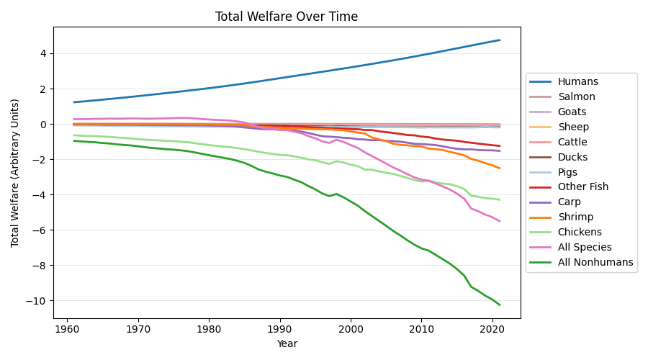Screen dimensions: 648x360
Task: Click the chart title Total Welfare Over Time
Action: click(x=287, y=17)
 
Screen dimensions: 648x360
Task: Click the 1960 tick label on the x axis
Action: click(x=67, y=330)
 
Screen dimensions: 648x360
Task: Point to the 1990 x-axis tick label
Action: click(x=280, y=330)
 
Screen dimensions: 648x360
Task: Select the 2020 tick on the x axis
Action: click(x=492, y=330)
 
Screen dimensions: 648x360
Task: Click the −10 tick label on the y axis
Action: click(x=37, y=301)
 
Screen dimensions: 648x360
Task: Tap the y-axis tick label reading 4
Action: click(x=44, y=54)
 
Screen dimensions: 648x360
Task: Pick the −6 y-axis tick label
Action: click(x=40, y=230)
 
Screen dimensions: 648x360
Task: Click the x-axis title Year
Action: click(x=287, y=343)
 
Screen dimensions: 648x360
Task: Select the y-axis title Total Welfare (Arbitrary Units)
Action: click(x=15, y=174)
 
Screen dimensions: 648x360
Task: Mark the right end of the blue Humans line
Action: click(x=500, y=40)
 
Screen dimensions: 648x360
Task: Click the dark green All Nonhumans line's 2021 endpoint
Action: click(x=500, y=305)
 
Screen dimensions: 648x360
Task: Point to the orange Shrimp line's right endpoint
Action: click(x=500, y=168)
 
